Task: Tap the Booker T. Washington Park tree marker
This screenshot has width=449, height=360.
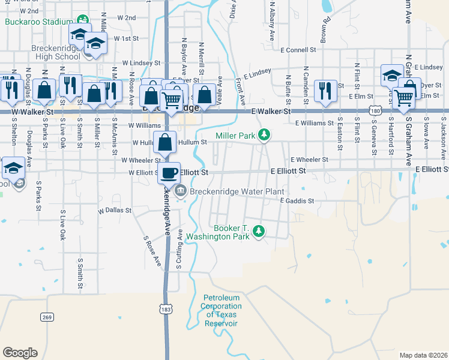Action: coord(259,231)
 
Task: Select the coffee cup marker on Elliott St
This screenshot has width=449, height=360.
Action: coord(170,173)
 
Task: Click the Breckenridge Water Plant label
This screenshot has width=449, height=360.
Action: coord(236,192)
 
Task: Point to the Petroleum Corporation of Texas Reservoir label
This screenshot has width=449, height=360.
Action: coord(221,310)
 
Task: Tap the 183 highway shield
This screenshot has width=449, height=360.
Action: coord(166,308)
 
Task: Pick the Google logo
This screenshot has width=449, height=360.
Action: coord(20,353)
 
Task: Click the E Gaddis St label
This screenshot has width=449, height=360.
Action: coord(297,201)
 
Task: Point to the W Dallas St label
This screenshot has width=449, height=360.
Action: coord(114,211)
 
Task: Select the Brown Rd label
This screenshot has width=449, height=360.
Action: coord(325,31)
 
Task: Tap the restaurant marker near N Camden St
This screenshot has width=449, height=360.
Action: coord(325,91)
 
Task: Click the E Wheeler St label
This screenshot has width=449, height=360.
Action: coord(309,160)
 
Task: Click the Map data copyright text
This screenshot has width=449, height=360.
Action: coord(423,355)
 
